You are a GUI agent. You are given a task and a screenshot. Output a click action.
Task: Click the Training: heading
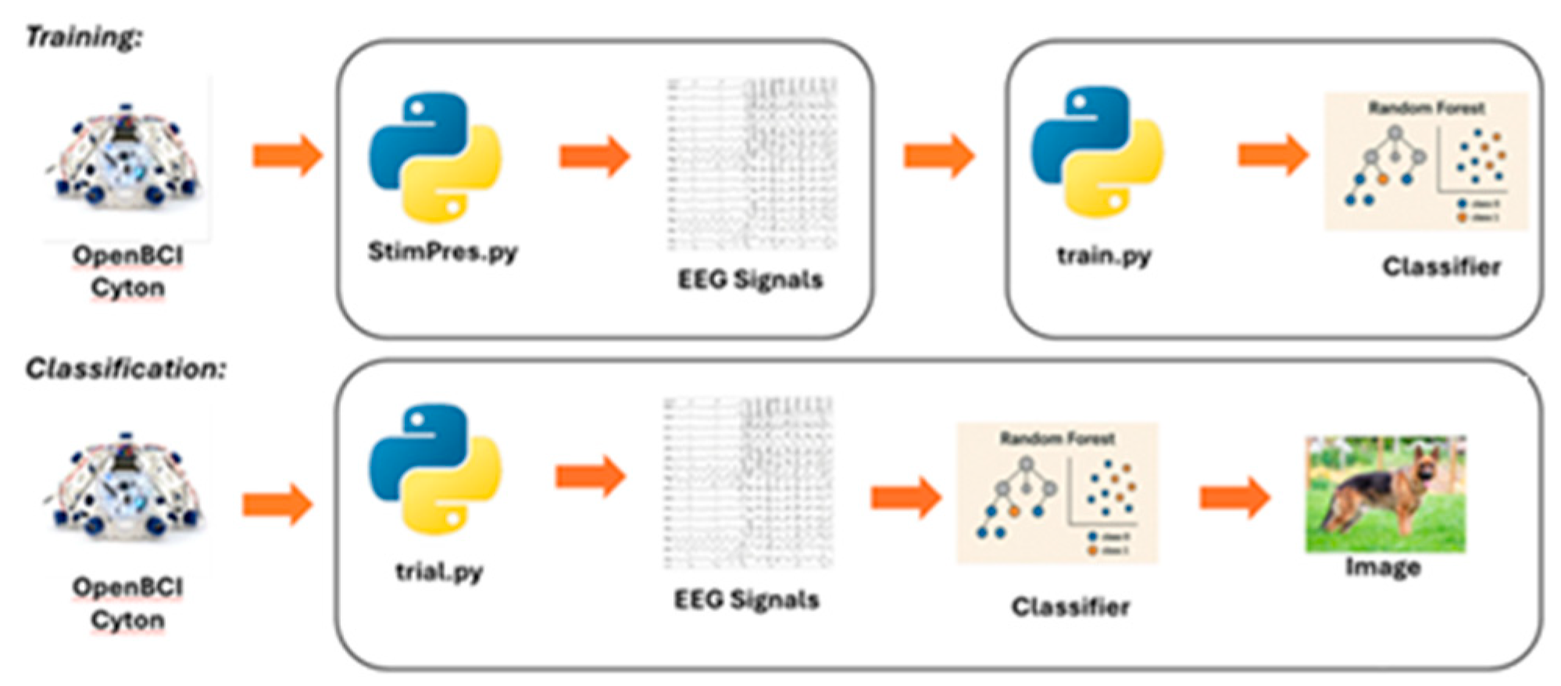84,37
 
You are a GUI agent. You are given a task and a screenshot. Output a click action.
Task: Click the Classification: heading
125,368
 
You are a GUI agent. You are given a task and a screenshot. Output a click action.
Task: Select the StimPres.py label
442,252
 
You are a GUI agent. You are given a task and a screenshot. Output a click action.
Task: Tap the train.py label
1103,256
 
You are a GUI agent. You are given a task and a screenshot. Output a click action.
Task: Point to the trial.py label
439,572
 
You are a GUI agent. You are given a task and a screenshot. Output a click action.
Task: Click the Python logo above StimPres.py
434,157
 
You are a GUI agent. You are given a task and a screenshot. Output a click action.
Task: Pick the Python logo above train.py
1097,152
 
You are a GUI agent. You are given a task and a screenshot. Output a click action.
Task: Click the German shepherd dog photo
1385,494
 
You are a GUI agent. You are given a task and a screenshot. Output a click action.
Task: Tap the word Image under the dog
1382,567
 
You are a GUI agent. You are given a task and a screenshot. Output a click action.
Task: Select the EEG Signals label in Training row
749,280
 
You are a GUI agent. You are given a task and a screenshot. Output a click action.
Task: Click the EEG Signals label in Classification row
746,600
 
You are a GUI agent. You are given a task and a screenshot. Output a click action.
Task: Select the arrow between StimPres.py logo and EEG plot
595,156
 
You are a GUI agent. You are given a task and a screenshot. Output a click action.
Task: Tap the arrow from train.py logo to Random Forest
1273,155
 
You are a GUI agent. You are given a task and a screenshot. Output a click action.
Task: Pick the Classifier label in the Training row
1441,267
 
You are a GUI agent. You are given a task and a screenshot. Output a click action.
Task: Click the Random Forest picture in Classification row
1057,493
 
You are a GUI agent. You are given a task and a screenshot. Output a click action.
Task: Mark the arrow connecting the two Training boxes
938,155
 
